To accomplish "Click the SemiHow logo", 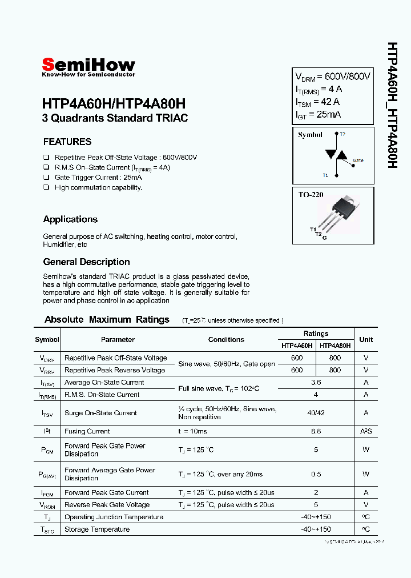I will pos(88,66).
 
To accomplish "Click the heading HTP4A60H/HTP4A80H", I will pos(114,105).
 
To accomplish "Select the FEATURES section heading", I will pos(67,142).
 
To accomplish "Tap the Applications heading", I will pos(70,219).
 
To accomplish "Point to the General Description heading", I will pos(86,262).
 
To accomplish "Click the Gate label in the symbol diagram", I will pos(358,160).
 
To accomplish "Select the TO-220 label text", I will pos(311,195).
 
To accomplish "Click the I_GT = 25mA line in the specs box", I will pos(318,115).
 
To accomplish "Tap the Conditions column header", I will pos(226,339).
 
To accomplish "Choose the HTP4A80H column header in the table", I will pos(335,346).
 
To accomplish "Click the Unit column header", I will pos(366,339).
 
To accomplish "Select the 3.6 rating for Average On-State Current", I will pos(316,383).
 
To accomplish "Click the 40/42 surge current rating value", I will pos(316,413).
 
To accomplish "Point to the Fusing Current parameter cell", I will pos(87,431).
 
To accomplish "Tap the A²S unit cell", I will pos(366,431).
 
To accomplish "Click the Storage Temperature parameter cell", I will pos(97,529).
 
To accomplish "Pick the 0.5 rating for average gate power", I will pos(316,474).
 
